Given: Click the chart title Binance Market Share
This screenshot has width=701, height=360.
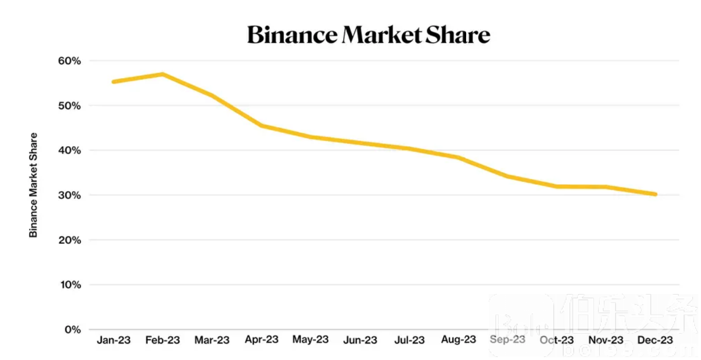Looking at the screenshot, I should tap(368, 35).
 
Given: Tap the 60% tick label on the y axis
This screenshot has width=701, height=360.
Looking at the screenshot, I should tap(69, 61).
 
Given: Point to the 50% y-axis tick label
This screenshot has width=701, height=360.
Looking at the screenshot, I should tap(69, 106).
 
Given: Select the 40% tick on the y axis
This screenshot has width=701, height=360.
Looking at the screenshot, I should tap(69, 150).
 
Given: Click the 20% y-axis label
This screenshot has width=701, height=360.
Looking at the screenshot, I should tap(69, 240).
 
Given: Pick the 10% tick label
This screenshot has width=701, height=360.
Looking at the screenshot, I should tap(69, 285).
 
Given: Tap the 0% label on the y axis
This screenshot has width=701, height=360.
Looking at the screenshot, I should tap(72, 330).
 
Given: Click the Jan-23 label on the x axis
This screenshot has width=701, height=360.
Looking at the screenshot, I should tap(113, 340).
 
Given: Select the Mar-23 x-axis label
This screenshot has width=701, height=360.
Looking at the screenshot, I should tap(212, 340).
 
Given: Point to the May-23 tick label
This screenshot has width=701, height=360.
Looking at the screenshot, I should tap(310, 339).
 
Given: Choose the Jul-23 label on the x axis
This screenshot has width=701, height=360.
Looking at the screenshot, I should tap(409, 340).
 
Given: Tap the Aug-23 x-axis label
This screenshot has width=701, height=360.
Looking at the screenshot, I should tap(458, 339).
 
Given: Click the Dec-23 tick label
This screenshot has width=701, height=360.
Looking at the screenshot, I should tap(656, 340).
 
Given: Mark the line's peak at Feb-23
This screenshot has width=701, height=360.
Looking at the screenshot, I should tap(163, 74).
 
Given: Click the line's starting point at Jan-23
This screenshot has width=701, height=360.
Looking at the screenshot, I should tap(113, 82).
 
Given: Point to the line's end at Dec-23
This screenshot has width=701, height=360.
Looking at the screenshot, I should tap(656, 194).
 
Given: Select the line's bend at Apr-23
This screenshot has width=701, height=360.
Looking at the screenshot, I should tap(261, 126).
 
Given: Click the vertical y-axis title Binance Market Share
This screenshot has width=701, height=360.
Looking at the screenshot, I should tap(34, 185).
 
